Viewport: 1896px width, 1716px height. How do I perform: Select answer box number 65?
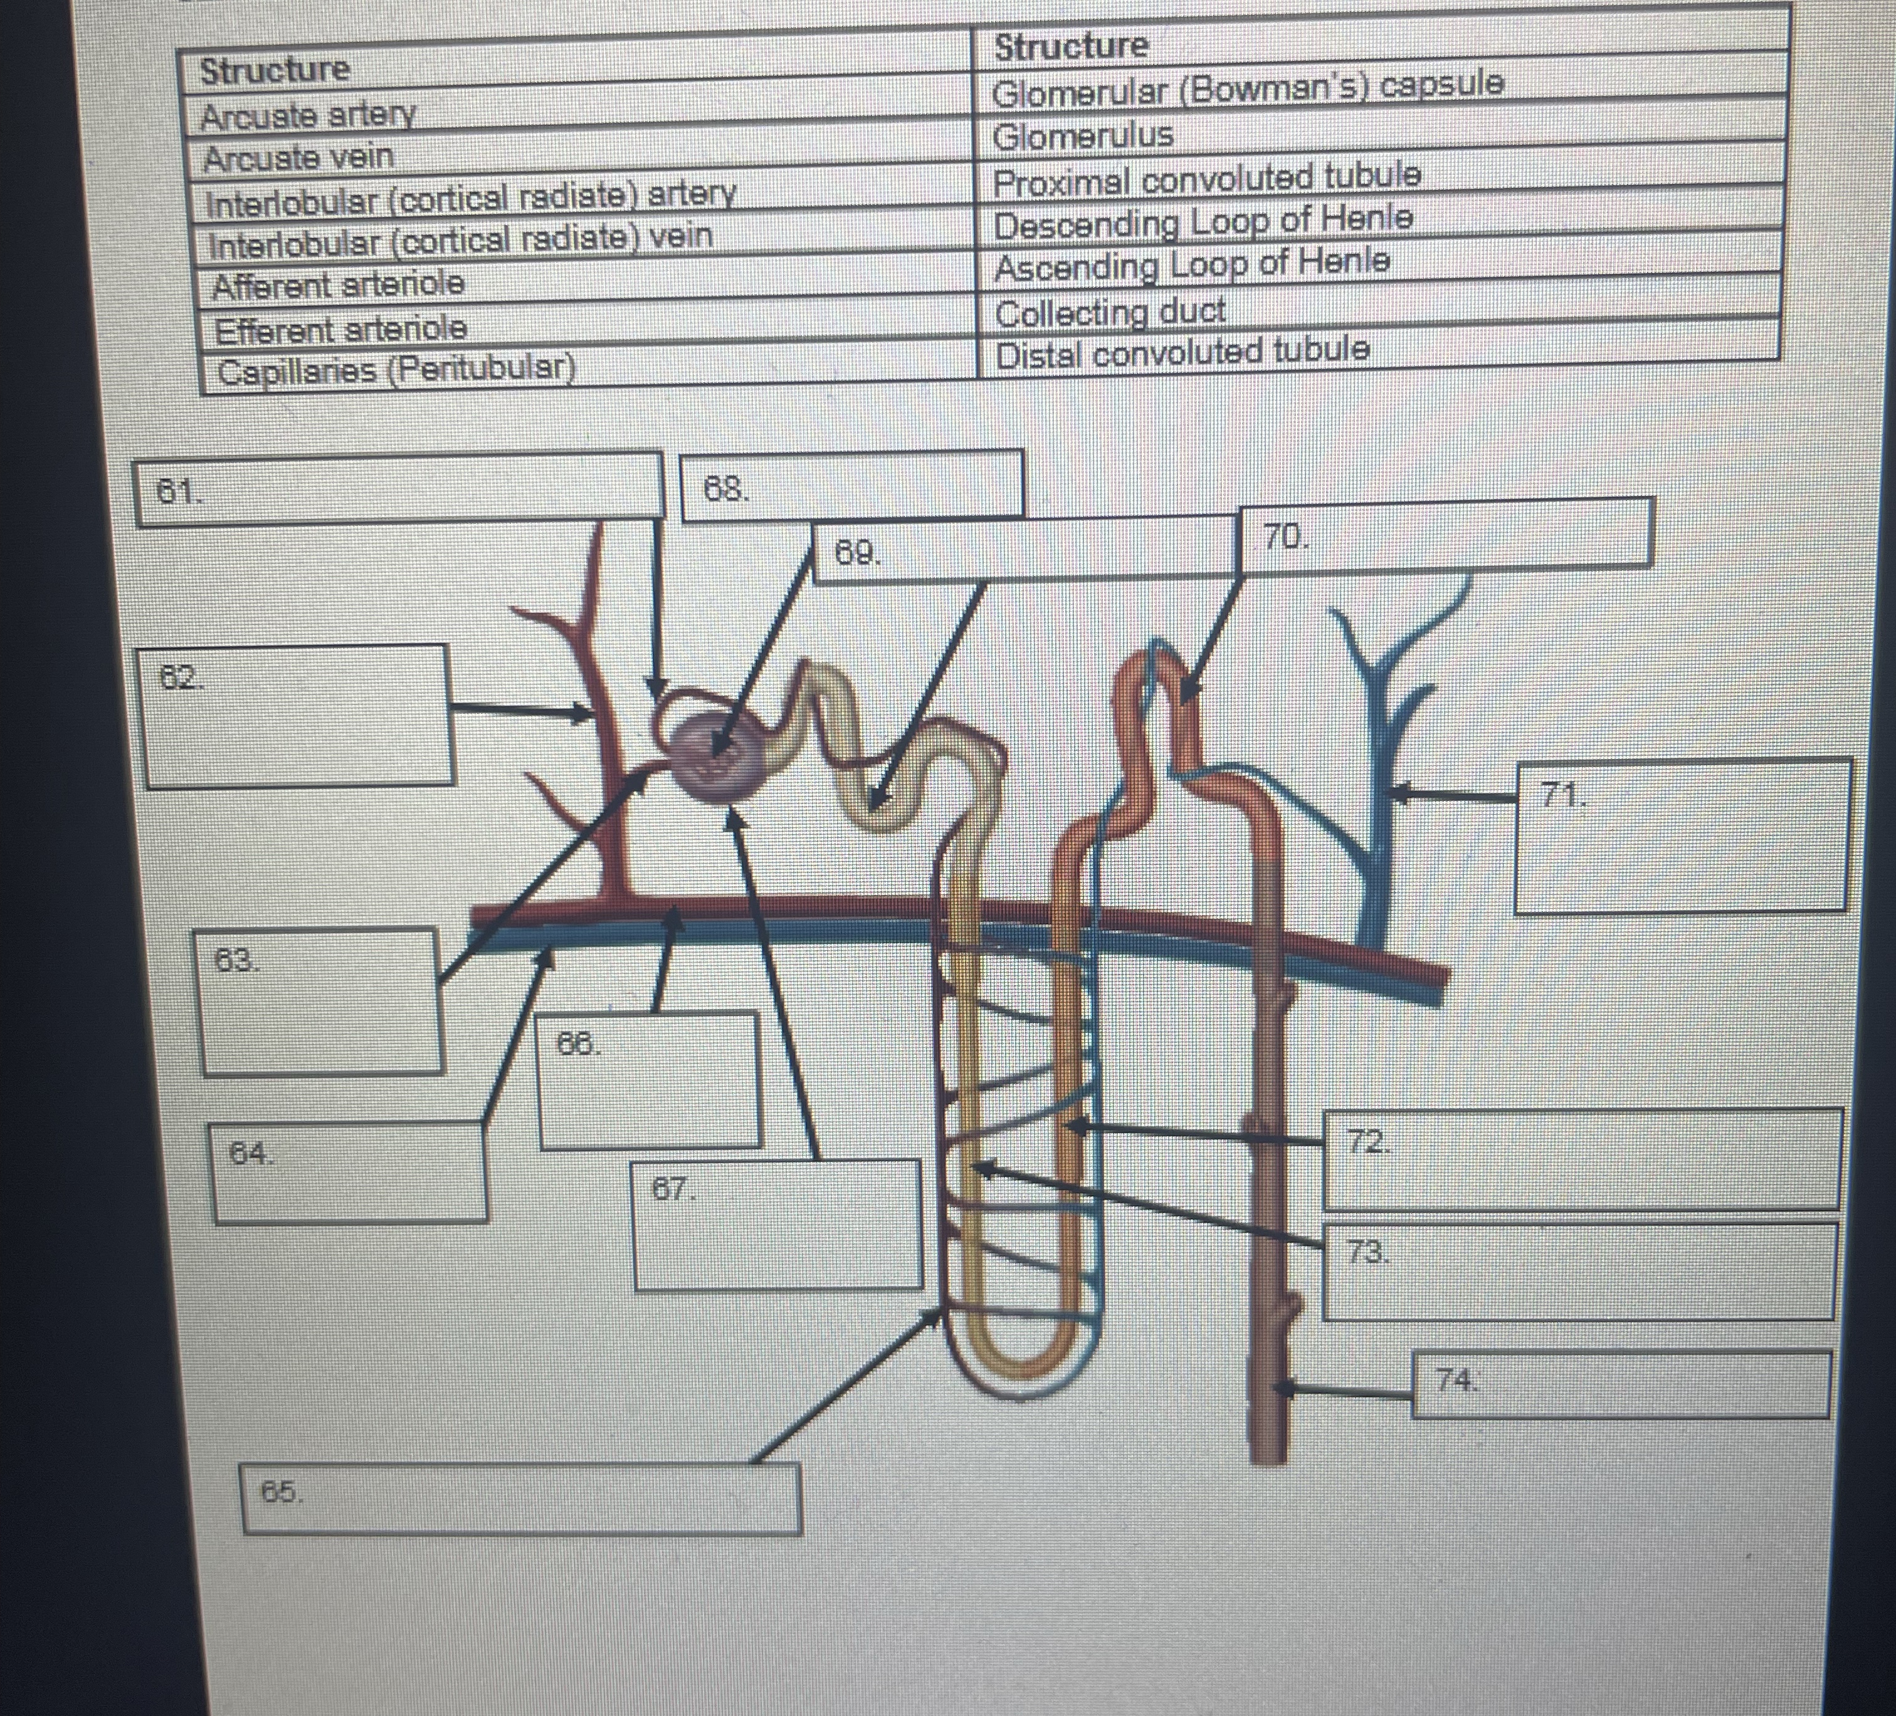click(x=522, y=1498)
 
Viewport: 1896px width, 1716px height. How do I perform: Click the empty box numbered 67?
click(x=777, y=1224)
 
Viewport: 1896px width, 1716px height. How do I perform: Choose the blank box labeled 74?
click(x=1619, y=1384)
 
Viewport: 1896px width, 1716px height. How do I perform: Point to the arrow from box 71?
click(x=1454, y=795)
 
